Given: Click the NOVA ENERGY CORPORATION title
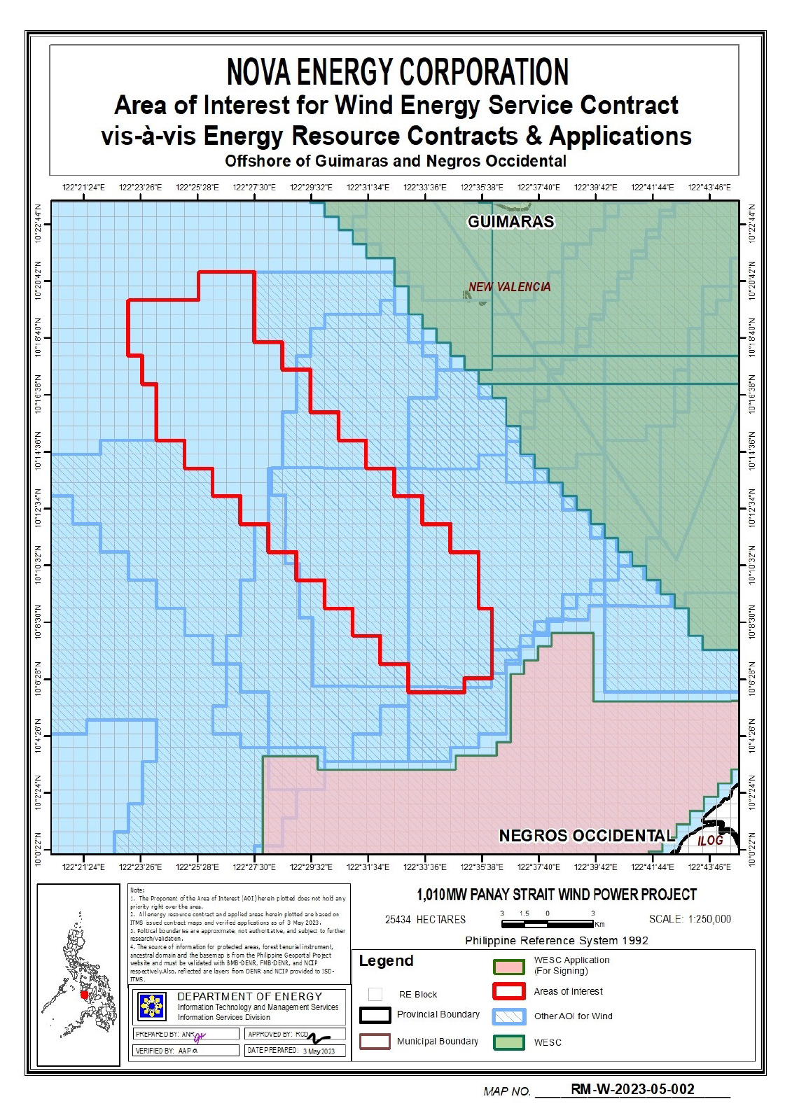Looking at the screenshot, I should click(397, 72).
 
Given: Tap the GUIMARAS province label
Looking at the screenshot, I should click(510, 222).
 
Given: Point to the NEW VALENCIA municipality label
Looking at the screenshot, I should click(509, 287).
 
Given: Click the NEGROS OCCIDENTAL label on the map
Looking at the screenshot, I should click(586, 836).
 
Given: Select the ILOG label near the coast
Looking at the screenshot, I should click(709, 840).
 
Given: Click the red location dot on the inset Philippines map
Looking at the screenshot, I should click(84, 995).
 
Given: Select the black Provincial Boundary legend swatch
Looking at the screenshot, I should click(375, 1015).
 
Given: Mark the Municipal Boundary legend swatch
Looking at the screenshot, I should click(375, 1041).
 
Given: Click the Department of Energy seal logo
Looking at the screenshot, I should click(152, 1007).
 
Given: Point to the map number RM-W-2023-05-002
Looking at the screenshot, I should click(632, 1089).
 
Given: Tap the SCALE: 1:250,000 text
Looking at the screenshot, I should click(690, 919).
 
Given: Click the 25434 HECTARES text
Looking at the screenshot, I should click(425, 919).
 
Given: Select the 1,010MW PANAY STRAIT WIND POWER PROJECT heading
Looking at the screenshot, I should click(557, 895).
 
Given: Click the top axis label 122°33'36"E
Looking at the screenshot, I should click(424, 188).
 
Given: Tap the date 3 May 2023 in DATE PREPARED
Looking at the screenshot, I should click(319, 1051).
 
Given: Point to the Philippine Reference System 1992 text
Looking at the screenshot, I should click(556, 941).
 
